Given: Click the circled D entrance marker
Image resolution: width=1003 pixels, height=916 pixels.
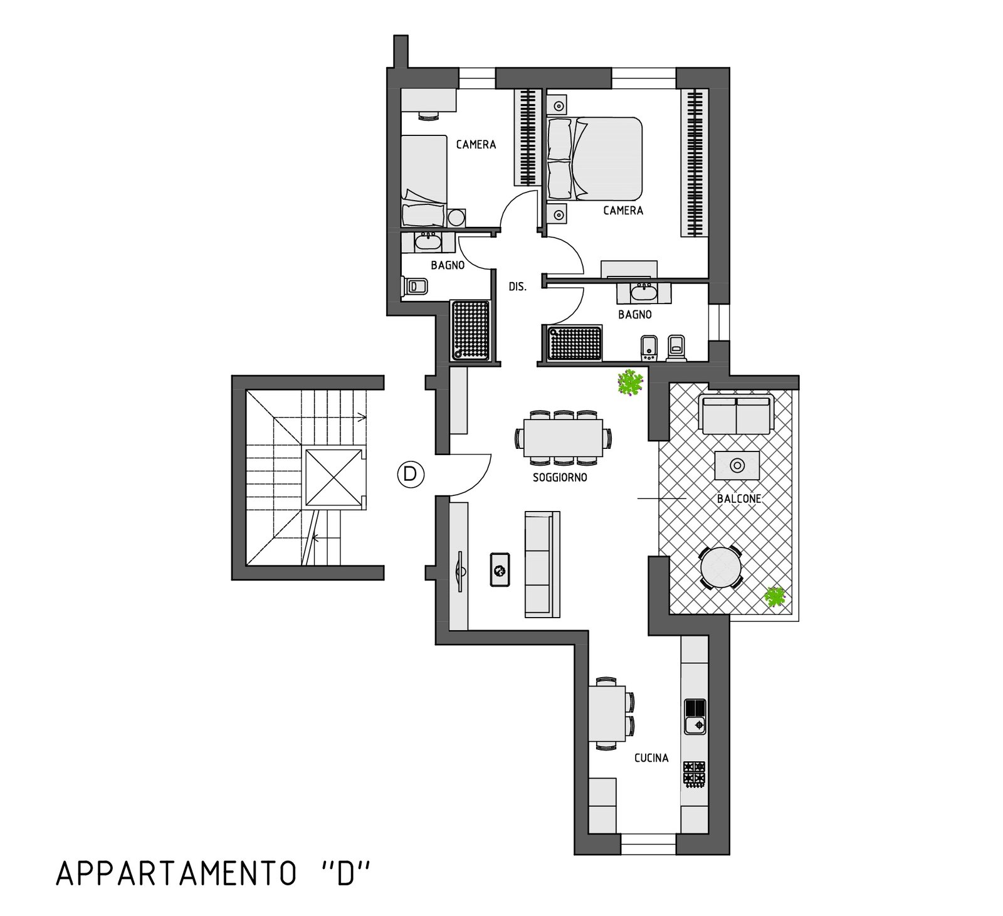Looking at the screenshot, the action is [411, 474].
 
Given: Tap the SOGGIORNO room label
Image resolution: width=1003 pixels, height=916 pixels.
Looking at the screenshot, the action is [560, 477].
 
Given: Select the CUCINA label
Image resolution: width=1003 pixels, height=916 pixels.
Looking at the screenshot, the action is [651, 758].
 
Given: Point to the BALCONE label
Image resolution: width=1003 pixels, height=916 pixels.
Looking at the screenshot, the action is [739, 499].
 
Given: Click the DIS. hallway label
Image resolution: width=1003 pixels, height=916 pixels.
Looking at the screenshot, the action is [517, 287].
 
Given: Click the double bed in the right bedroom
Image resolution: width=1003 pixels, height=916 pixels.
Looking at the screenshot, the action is [595, 157].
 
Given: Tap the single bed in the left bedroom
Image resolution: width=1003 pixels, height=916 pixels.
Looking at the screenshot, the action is [424, 182].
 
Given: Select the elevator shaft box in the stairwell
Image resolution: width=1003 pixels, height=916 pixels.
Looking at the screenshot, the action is [333, 478].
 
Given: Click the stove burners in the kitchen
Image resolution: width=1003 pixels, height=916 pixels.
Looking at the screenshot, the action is [695, 773].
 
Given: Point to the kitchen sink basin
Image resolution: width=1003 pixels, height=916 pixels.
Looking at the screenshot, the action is [695, 726].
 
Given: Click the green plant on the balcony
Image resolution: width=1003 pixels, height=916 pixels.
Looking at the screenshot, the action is [775, 596].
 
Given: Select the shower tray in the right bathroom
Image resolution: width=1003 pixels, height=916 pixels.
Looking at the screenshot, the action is [575, 342].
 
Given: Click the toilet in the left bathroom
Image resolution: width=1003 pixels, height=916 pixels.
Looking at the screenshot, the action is [415, 287].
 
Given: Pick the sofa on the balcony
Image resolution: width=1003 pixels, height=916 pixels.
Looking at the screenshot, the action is [736, 416].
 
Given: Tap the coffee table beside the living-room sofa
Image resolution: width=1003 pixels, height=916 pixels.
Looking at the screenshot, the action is [500, 569].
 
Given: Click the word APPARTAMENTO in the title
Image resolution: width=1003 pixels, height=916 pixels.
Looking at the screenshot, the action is [176, 873].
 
